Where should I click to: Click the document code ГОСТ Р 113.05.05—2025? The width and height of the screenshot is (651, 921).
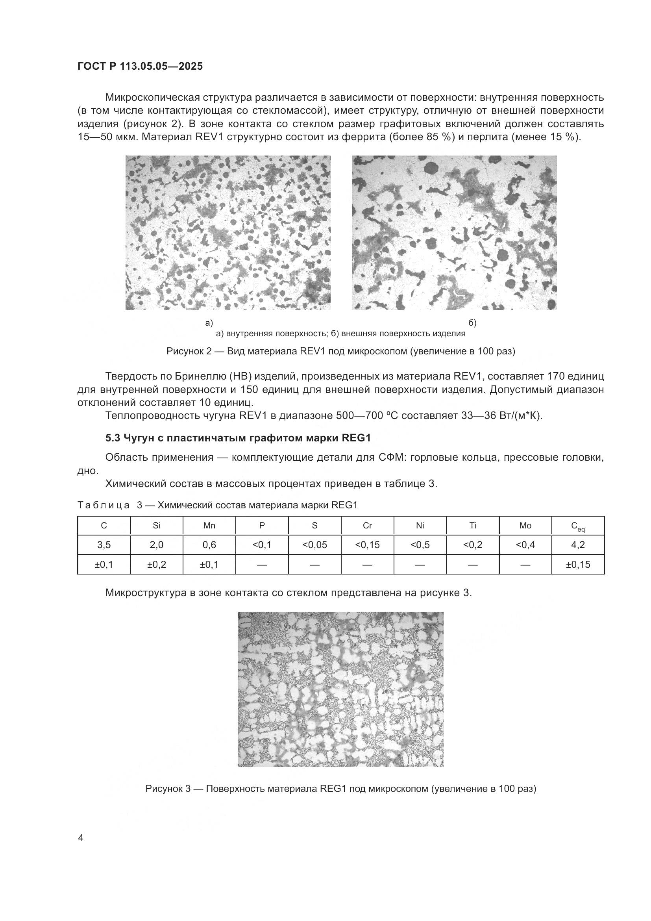click(140, 66)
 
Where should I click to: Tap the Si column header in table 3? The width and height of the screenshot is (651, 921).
click(156, 526)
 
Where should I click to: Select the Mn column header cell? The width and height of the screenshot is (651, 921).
click(209, 526)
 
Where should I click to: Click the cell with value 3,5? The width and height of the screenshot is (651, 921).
click(104, 545)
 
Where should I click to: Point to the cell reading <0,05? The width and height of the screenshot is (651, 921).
click(315, 545)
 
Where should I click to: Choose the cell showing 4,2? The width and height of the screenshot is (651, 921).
click(578, 545)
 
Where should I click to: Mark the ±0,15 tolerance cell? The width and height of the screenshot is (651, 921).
click(578, 564)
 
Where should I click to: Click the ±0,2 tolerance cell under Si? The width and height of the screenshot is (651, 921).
click(156, 564)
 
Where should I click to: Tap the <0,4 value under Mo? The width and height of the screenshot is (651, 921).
click(525, 545)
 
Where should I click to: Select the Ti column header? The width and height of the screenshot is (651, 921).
click(473, 526)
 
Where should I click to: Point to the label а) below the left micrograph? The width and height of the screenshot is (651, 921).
click(209, 323)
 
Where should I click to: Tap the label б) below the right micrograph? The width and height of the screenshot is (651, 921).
click(473, 323)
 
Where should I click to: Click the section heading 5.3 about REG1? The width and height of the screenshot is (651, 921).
click(238, 438)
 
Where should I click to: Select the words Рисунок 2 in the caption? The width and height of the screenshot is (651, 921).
click(189, 351)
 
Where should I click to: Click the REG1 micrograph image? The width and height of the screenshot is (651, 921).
click(340, 689)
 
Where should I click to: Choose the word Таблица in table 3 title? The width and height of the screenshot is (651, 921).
click(104, 505)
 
